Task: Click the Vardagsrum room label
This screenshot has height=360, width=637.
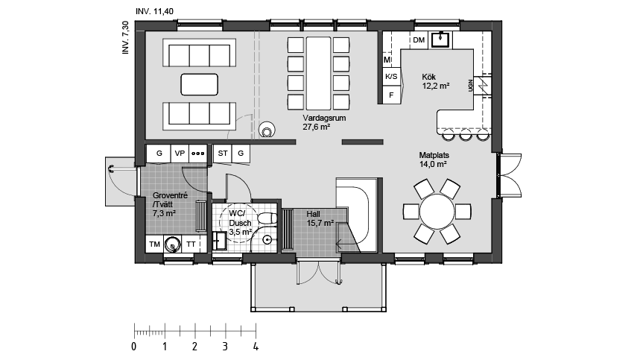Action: (x=324, y=119)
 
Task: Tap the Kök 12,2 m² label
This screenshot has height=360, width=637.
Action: (x=436, y=81)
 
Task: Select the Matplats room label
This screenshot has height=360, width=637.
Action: (x=434, y=155)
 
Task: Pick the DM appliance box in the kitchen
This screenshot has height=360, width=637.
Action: (x=419, y=40)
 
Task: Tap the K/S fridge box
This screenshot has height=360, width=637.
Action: (x=391, y=76)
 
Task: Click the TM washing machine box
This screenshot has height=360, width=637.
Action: (x=154, y=244)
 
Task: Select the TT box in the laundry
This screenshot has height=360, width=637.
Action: (x=191, y=244)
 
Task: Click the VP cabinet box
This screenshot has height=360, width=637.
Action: (x=180, y=154)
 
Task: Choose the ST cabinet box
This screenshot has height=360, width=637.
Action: (x=223, y=154)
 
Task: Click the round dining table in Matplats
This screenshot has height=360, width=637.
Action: (x=437, y=212)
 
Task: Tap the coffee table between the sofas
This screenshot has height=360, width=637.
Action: (x=199, y=84)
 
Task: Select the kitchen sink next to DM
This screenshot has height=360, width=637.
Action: (x=440, y=40)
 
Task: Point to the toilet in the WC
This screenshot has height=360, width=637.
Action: (x=267, y=218)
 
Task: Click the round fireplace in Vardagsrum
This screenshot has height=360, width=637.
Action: (x=267, y=130)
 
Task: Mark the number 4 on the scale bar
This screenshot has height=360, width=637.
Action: (x=256, y=347)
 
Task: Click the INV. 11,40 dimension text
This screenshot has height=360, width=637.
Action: (x=154, y=11)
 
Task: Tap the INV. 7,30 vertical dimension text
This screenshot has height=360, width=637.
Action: (x=125, y=38)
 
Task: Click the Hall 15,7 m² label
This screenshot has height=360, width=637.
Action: (x=320, y=218)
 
